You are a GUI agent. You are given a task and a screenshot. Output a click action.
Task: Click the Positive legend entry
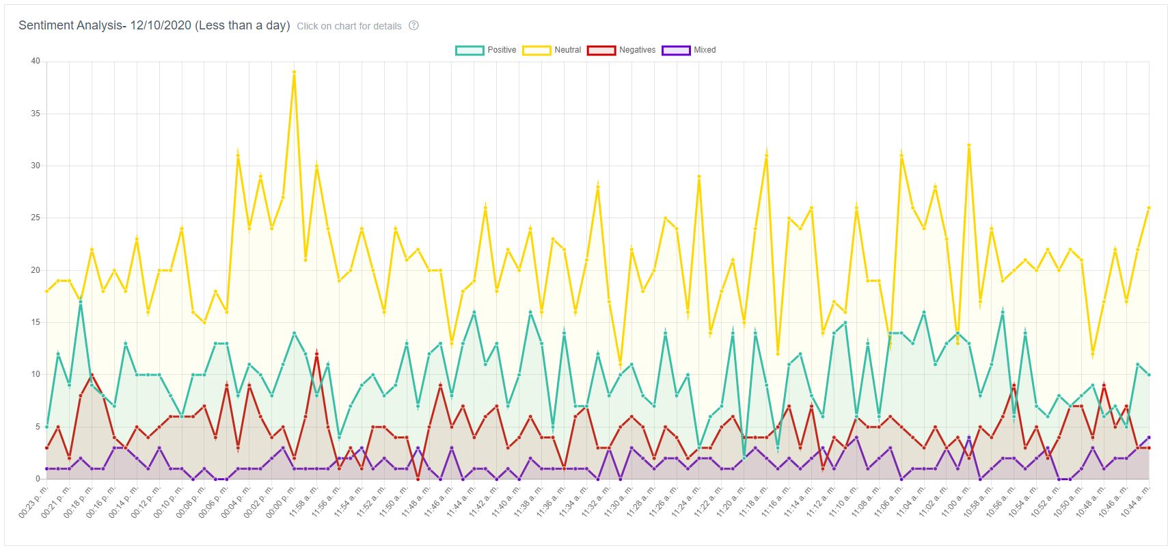[486, 50]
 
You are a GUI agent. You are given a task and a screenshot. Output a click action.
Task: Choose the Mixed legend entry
[689, 50]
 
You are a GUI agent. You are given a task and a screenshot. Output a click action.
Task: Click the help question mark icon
[413, 25]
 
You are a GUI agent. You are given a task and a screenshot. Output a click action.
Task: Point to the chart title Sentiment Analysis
[154, 25]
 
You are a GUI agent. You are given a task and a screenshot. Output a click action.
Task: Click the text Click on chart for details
[349, 26]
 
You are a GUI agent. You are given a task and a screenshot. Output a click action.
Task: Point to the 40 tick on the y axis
[36, 61]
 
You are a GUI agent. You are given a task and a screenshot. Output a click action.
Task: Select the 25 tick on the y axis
[36, 218]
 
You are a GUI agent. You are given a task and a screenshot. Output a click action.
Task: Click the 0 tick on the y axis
[38, 479]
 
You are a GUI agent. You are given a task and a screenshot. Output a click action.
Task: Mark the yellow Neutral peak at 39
[294, 72]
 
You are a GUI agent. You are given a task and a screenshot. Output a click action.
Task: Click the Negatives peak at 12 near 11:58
[316, 354]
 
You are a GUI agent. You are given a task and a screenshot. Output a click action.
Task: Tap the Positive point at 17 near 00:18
[80, 302]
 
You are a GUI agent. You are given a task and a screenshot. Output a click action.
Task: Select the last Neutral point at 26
[1149, 207]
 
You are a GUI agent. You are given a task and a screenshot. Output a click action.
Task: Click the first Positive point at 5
[46, 427]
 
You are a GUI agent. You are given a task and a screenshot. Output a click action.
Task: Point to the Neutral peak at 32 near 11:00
[969, 145]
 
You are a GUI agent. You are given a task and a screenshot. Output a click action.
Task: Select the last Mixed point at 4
[1149, 437]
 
